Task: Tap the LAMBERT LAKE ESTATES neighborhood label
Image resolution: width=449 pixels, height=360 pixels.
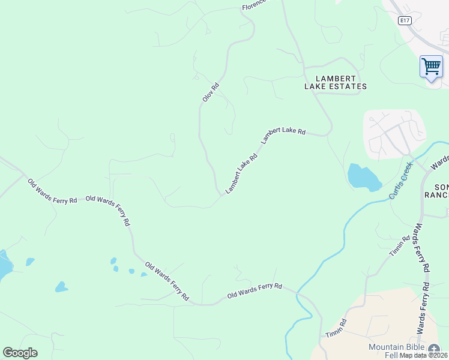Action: click(x=335, y=82)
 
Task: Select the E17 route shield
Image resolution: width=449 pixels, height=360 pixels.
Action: click(x=405, y=20)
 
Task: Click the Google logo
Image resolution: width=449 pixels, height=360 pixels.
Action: click(x=20, y=353)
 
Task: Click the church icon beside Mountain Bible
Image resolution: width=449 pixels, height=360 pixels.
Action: click(x=434, y=347)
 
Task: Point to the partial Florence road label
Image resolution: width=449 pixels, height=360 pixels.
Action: click(x=253, y=6)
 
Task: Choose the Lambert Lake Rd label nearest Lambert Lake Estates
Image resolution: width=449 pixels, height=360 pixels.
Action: click(x=283, y=136)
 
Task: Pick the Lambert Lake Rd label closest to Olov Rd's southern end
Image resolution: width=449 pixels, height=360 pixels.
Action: click(x=241, y=173)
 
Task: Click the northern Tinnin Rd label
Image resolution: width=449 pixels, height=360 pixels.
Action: click(x=399, y=246)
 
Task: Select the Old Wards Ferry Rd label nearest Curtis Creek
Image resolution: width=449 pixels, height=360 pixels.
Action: click(x=255, y=291)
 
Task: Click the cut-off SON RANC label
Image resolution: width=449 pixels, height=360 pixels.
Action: click(x=436, y=191)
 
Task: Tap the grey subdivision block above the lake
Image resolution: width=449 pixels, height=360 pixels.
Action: click(x=394, y=133)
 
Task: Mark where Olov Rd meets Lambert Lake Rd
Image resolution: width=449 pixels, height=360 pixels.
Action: click(x=220, y=193)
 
